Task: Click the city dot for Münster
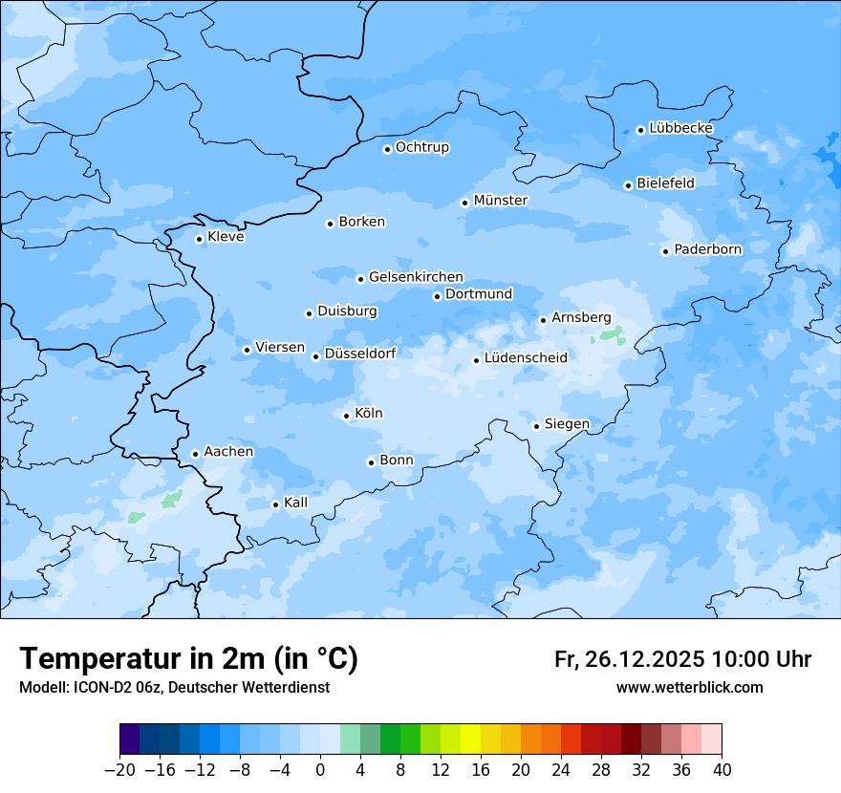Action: [x=464, y=202]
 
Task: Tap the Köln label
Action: [x=369, y=414]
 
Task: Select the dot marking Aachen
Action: [x=195, y=454]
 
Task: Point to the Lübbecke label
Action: [x=680, y=128]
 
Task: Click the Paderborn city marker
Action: [x=665, y=251]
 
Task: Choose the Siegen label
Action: [x=567, y=424]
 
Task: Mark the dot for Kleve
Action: [x=199, y=239]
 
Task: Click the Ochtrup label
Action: [x=421, y=147]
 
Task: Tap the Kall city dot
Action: [x=275, y=504]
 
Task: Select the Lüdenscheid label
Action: [x=526, y=358]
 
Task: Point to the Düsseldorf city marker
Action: [x=315, y=356]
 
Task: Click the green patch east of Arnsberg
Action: [x=609, y=335]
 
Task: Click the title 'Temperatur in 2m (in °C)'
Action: [x=188, y=658]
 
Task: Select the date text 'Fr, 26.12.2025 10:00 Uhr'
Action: [x=682, y=659]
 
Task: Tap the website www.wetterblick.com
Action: [x=689, y=687]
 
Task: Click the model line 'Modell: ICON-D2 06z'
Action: [x=174, y=687]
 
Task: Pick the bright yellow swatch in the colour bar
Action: [x=470, y=739]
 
